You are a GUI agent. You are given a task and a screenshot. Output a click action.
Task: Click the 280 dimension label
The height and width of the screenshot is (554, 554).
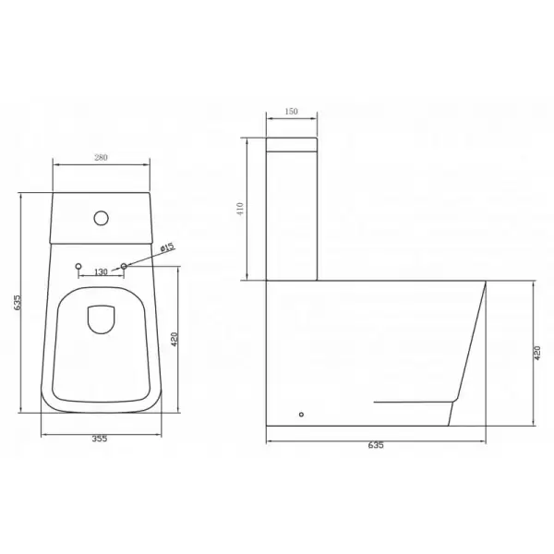(x=101, y=158)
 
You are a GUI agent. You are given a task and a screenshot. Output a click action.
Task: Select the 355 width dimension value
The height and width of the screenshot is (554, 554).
(x=100, y=439)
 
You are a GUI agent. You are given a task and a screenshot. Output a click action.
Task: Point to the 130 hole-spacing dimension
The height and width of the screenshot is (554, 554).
(x=102, y=272)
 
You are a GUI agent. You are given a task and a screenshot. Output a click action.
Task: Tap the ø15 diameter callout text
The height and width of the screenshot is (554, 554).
(x=166, y=247)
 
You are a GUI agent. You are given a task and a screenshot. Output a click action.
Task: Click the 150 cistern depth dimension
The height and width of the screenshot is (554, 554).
(x=291, y=113)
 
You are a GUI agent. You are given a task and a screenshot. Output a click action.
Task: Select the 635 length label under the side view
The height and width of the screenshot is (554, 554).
(x=375, y=445)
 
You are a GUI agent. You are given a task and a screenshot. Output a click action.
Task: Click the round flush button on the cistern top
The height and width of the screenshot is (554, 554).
(x=102, y=219)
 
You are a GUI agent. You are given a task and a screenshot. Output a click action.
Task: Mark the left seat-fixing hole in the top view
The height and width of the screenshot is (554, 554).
(x=78, y=267)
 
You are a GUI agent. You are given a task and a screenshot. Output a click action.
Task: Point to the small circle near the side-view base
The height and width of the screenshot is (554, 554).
(x=302, y=415)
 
